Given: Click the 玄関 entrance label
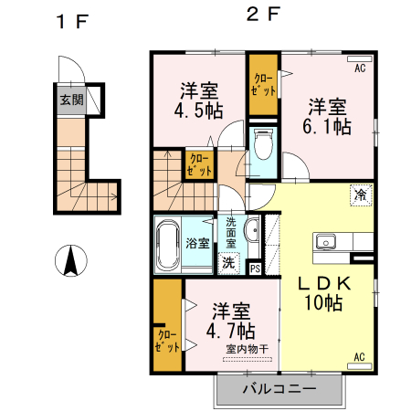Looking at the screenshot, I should pos(70,100).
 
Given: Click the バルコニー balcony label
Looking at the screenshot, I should pos(279,388).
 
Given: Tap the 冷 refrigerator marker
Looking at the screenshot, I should pos(361,195).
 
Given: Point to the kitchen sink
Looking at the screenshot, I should pos(326,242).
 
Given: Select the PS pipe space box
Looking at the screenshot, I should pos(255,268).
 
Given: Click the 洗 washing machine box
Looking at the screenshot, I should pos(227,263).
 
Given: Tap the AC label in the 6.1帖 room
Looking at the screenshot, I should pos(359,68).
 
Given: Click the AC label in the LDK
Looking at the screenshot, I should pos(359,355).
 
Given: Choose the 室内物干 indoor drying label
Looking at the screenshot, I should pos(247,349).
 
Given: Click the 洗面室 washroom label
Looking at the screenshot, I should pos(231,232).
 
